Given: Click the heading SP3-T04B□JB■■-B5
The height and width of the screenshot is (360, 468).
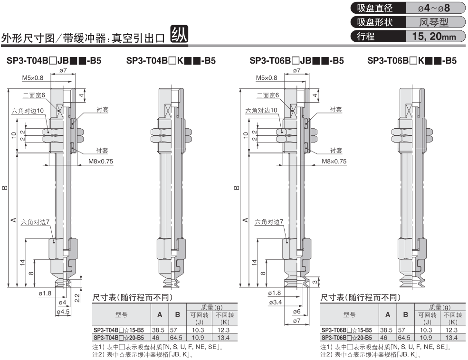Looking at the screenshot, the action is tap(54, 61).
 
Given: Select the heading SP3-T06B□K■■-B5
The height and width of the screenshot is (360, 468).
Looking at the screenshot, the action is tap(412, 61).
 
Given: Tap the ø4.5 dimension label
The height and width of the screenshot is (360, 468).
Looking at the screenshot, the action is tap(63, 312).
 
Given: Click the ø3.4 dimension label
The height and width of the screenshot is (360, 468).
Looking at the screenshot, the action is tap(275, 303).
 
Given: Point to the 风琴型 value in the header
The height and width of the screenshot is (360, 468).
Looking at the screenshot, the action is tap(434, 22).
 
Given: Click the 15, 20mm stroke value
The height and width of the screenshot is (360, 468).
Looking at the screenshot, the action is tap(434, 37).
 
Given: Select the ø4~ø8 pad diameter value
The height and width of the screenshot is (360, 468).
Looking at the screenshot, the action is tap(434, 8).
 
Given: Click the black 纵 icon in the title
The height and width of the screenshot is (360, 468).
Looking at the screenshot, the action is tap(179, 34).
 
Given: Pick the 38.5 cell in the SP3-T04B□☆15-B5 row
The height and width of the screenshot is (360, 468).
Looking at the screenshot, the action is tap(158, 330).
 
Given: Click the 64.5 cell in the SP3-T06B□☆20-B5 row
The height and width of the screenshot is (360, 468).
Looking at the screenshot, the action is tap(404, 338).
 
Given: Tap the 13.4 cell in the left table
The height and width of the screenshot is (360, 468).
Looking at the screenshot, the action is tap(223, 338).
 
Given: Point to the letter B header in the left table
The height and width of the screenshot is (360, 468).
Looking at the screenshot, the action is tap(178, 315).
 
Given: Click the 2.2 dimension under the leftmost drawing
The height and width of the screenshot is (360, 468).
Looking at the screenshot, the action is tap(76, 298).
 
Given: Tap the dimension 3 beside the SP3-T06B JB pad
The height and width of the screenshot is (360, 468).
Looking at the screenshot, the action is tap(315, 282).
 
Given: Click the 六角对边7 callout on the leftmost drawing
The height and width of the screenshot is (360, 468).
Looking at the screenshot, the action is tap(35, 222).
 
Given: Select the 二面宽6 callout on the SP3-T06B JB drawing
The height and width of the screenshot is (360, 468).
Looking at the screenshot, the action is tap(267, 95).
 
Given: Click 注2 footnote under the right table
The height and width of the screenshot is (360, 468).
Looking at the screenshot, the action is tap(371, 355).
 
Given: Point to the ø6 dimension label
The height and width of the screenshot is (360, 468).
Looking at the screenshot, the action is tap(296, 312).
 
